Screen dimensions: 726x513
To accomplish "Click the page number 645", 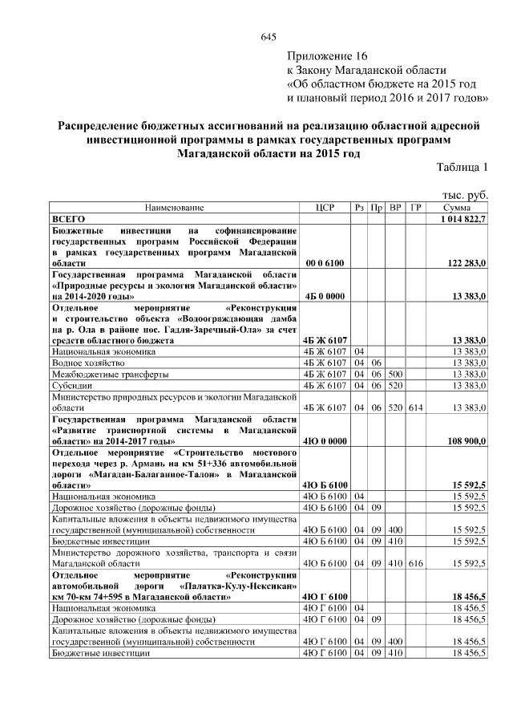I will click(x=269, y=38).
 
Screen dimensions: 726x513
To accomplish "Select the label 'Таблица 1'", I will click(x=462, y=167).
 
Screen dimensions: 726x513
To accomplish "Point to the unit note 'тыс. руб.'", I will click(x=466, y=195).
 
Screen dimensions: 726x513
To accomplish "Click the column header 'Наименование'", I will click(x=174, y=207).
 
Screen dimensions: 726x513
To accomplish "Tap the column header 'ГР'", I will click(x=415, y=207).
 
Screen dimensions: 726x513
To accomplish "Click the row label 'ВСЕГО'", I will click(x=69, y=218).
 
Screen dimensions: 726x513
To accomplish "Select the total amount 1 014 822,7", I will click(x=463, y=218).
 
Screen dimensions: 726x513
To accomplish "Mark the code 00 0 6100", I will click(x=325, y=262).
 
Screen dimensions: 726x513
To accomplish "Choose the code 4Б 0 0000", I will click(x=325, y=296).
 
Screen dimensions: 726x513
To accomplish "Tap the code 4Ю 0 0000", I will click(x=325, y=441).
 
